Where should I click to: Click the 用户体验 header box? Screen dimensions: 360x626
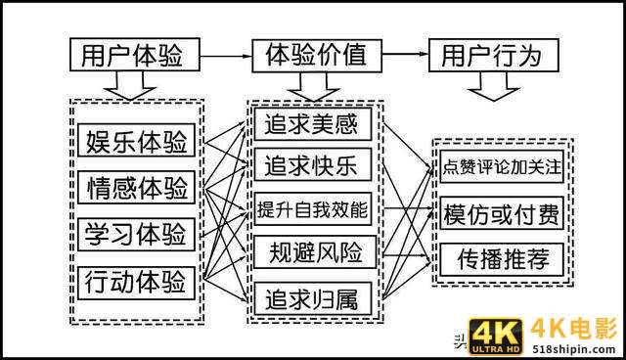click(135, 55)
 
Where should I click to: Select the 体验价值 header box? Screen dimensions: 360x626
click(316, 55)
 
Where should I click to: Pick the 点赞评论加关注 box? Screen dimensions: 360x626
click(501, 166)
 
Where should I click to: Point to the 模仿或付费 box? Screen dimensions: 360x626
click(501, 213)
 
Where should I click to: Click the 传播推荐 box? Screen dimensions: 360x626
click(501, 259)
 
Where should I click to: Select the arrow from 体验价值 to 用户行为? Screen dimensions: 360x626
click(404, 56)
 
